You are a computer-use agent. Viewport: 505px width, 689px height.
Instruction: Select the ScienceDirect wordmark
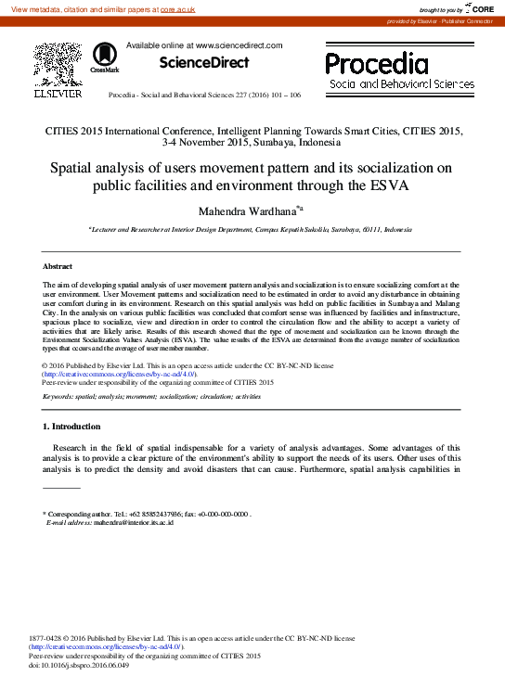[204, 63]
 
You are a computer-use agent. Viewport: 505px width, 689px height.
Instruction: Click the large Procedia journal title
[377, 63]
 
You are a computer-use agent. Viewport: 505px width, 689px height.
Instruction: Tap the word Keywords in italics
[61, 396]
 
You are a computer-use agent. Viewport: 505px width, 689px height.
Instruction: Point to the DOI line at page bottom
[79, 665]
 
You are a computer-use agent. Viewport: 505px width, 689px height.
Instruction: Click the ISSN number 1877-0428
[48, 639]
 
